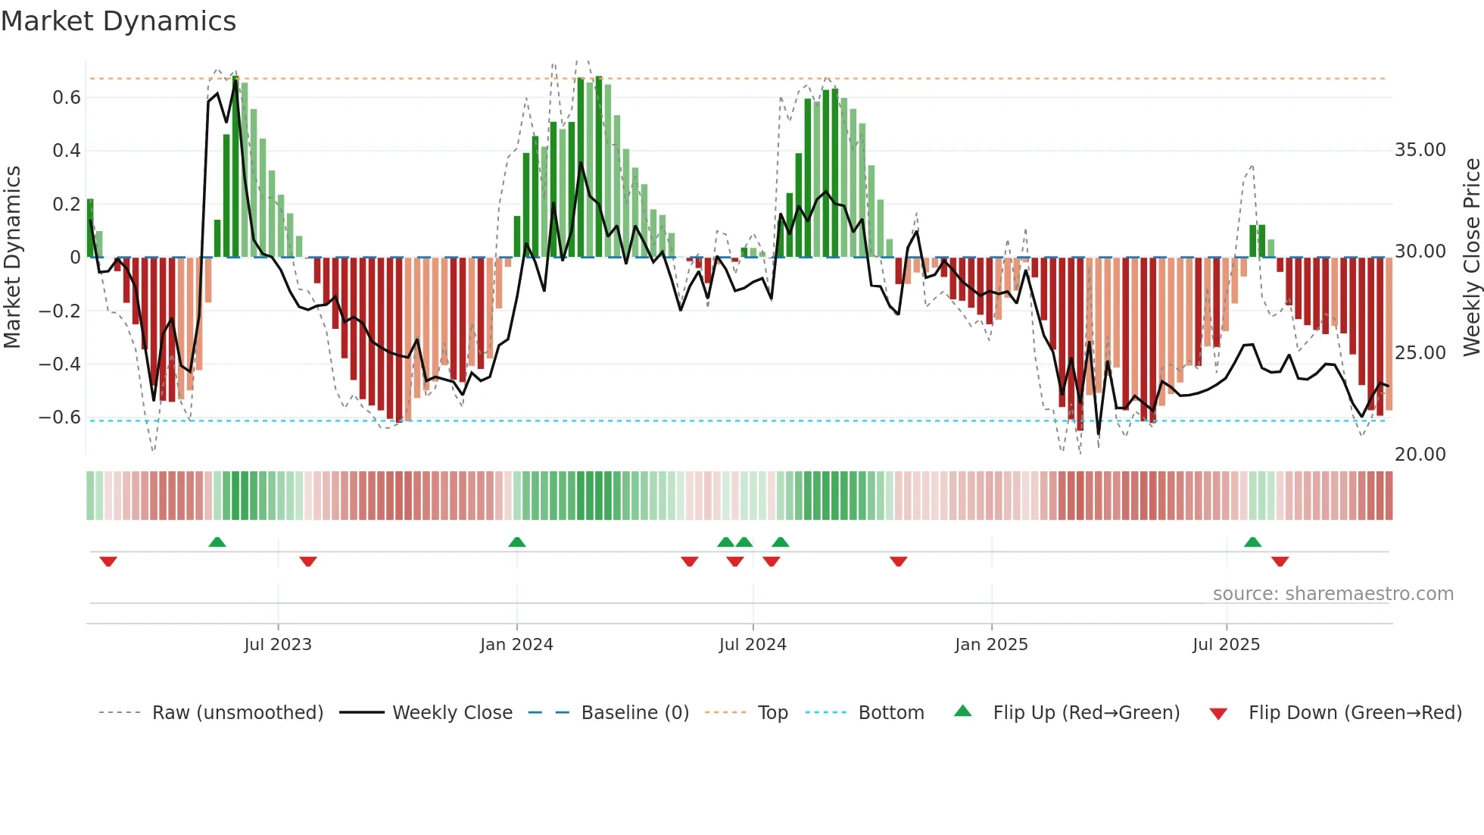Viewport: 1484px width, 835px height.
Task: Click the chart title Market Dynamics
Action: (x=119, y=21)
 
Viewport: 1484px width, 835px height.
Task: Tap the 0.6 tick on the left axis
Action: (x=67, y=98)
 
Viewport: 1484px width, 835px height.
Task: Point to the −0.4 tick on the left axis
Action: (x=60, y=364)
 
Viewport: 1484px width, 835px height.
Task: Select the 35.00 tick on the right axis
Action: (x=1420, y=150)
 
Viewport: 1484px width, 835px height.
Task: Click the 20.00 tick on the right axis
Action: (x=1420, y=455)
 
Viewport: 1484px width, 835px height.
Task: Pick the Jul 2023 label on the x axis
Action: (x=278, y=645)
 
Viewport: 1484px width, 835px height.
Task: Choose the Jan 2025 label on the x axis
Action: (x=991, y=645)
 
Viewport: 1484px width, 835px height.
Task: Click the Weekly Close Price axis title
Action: (x=1471, y=258)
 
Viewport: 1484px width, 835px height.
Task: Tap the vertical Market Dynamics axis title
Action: (x=12, y=258)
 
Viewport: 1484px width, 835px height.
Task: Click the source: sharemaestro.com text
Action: (x=1333, y=594)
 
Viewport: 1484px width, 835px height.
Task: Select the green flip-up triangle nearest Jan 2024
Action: (x=517, y=542)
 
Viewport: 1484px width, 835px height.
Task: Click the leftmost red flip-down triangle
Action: (x=108, y=561)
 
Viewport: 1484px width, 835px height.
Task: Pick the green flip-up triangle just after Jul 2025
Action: (x=1252, y=542)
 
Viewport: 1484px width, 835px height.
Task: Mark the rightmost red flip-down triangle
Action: (x=1280, y=561)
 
